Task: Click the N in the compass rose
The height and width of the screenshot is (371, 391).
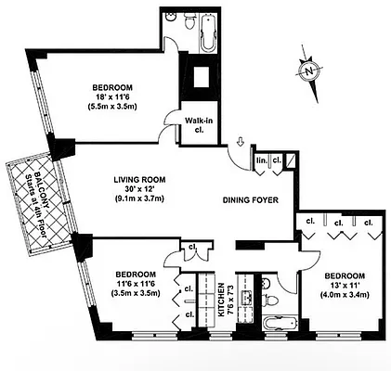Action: click(308, 69)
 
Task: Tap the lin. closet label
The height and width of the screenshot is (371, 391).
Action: click(263, 160)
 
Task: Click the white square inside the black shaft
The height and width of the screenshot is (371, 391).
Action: click(201, 76)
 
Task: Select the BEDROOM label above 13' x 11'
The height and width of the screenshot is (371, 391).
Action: click(345, 275)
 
